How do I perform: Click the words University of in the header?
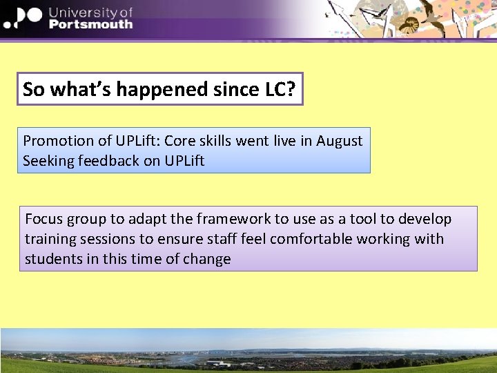click(x=90, y=11)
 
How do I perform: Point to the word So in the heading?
click(x=32, y=89)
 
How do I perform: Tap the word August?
click(x=339, y=141)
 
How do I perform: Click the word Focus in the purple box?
click(x=44, y=220)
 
